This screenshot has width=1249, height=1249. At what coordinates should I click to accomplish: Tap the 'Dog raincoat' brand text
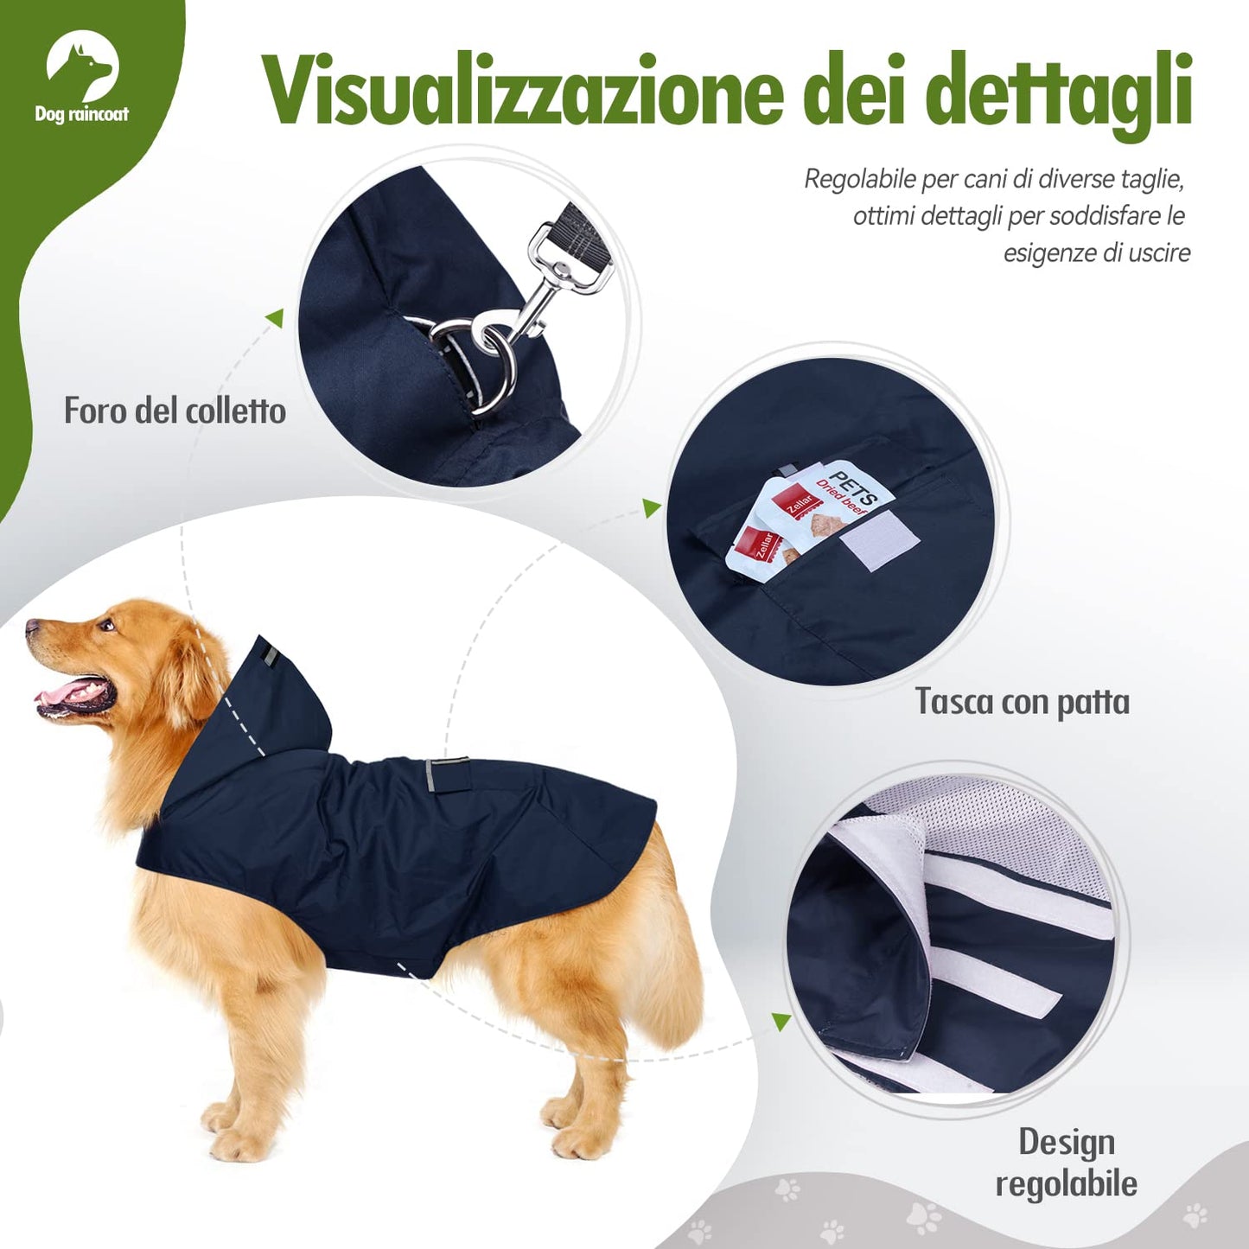point(81,115)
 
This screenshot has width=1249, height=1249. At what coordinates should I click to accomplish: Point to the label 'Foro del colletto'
point(175,411)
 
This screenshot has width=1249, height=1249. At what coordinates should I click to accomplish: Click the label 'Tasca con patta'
point(1023,702)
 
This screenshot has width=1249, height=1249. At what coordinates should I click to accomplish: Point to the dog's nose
point(32,625)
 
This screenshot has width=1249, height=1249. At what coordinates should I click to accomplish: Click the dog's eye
point(107,626)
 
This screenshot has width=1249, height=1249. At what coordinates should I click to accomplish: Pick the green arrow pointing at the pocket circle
point(652,508)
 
